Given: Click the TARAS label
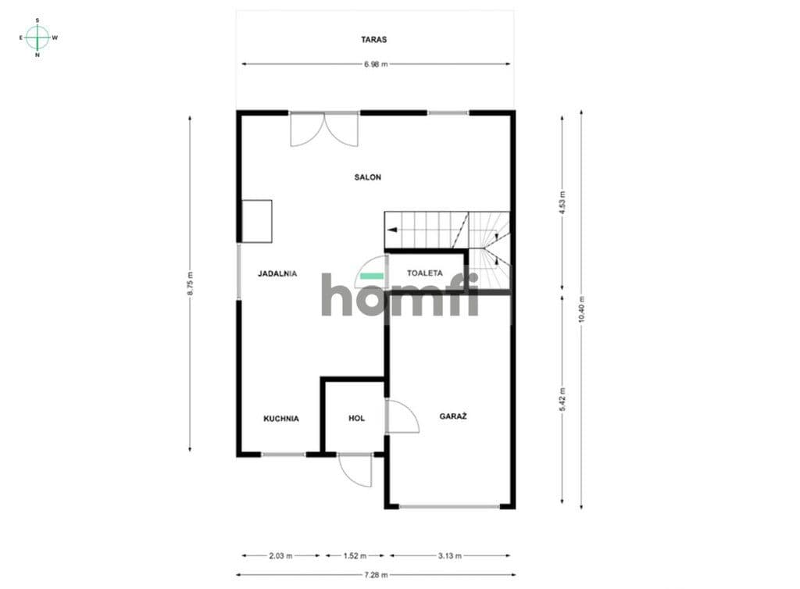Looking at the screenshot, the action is [373, 39].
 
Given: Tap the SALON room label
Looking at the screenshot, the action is [368, 177].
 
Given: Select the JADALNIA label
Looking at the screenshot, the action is [277, 274].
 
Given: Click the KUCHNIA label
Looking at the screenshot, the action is [281, 419].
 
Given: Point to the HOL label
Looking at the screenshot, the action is [356, 418].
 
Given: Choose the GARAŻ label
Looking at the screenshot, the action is [453, 416].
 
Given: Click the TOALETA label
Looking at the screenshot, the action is [424, 273].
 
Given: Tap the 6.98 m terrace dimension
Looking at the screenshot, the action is [376, 64].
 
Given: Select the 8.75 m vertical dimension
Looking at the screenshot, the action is [190, 283].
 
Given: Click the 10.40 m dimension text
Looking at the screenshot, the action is [581, 309].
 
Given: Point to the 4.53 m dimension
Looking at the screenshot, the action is [562, 202].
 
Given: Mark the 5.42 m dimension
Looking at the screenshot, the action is [562, 399].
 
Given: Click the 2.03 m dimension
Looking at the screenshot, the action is [280, 556].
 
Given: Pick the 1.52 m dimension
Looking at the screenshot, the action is [355, 556].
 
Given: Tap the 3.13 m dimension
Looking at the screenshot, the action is [449, 556].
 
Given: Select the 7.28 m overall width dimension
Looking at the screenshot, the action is [376, 575].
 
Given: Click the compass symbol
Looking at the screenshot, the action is [37, 37].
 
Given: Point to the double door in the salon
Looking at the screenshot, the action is [324, 130].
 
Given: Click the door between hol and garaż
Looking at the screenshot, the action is [403, 416].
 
